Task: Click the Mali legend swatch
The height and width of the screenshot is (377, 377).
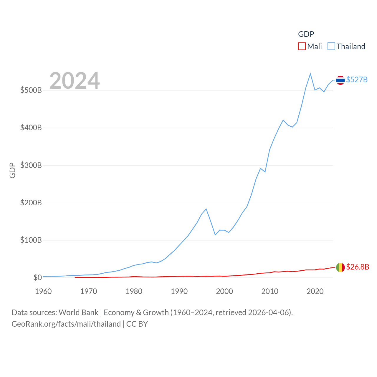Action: pyautogui.click(x=302, y=47)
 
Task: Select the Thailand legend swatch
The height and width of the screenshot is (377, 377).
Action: pyautogui.click(x=331, y=47)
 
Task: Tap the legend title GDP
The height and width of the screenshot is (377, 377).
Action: pyautogui.click(x=306, y=34)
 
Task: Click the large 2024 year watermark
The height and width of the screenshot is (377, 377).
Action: pyautogui.click(x=75, y=81)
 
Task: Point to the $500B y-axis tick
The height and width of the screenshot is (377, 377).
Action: pyautogui.click(x=31, y=90)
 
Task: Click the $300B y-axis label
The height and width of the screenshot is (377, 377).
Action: pyautogui.click(x=31, y=165)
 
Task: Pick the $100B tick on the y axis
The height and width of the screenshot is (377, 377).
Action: pyautogui.click(x=31, y=240)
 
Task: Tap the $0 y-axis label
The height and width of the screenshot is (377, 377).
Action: pyautogui.click(x=37, y=277)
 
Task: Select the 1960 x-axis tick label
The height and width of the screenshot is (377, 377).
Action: pyautogui.click(x=43, y=291)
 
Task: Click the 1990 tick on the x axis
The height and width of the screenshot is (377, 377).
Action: pyautogui.click(x=179, y=291)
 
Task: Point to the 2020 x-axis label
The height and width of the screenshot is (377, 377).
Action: pyautogui.click(x=315, y=291)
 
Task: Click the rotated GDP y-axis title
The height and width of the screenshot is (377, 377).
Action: pyautogui.click(x=12, y=170)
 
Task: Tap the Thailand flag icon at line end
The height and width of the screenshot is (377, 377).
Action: pyautogui.click(x=340, y=80)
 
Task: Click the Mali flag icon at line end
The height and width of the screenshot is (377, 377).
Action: pyautogui.click(x=340, y=267)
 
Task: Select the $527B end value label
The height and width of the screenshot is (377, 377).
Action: pyautogui.click(x=357, y=80)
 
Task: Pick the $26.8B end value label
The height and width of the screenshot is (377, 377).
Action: pyautogui.click(x=357, y=267)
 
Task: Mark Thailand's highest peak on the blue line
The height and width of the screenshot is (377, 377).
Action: pyautogui.click(x=310, y=74)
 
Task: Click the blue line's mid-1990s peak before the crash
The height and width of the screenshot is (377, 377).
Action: pyautogui.click(x=206, y=209)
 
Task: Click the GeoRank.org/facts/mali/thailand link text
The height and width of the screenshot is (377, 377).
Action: pyautogui.click(x=66, y=324)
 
